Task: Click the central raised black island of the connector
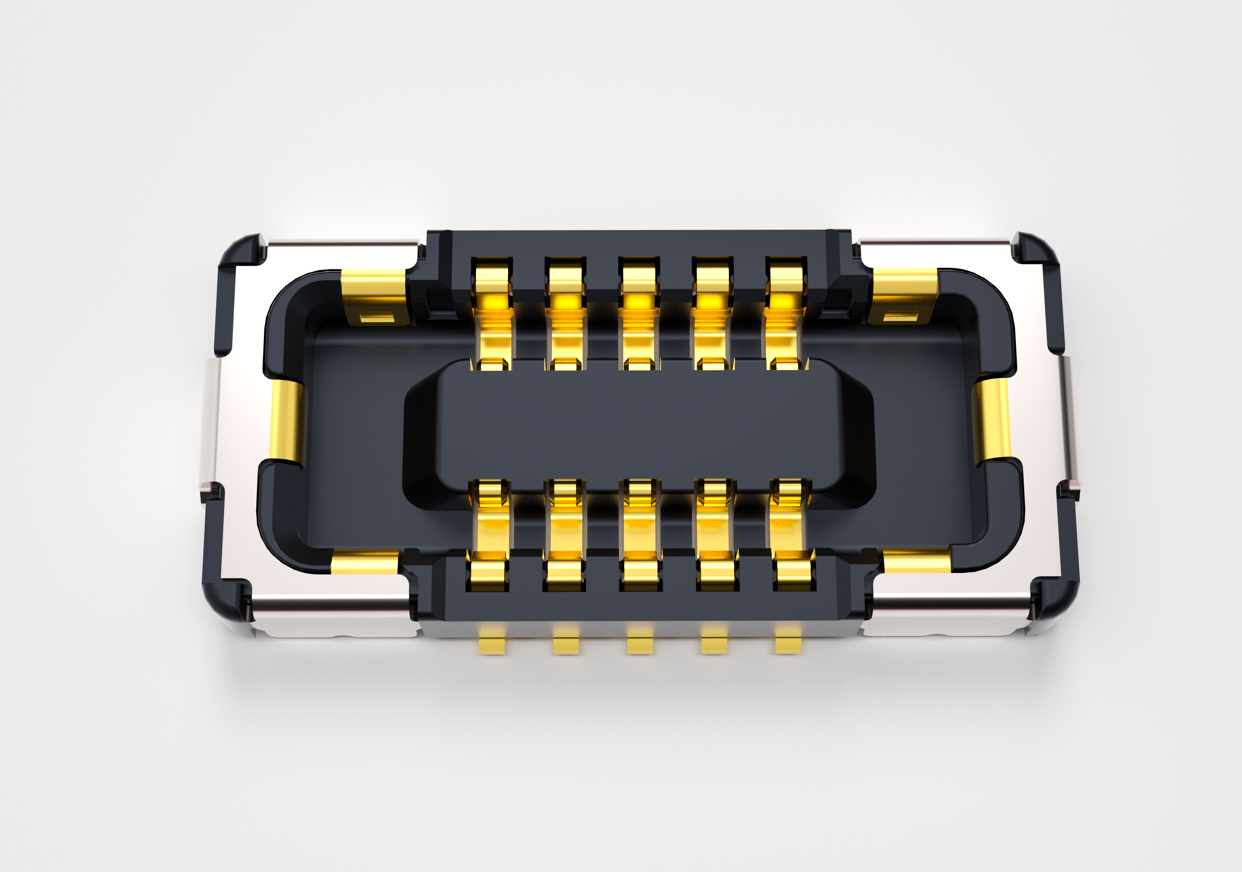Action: pyautogui.click(x=638, y=425)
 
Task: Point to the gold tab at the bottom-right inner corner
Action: pyautogui.click(x=916, y=561)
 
